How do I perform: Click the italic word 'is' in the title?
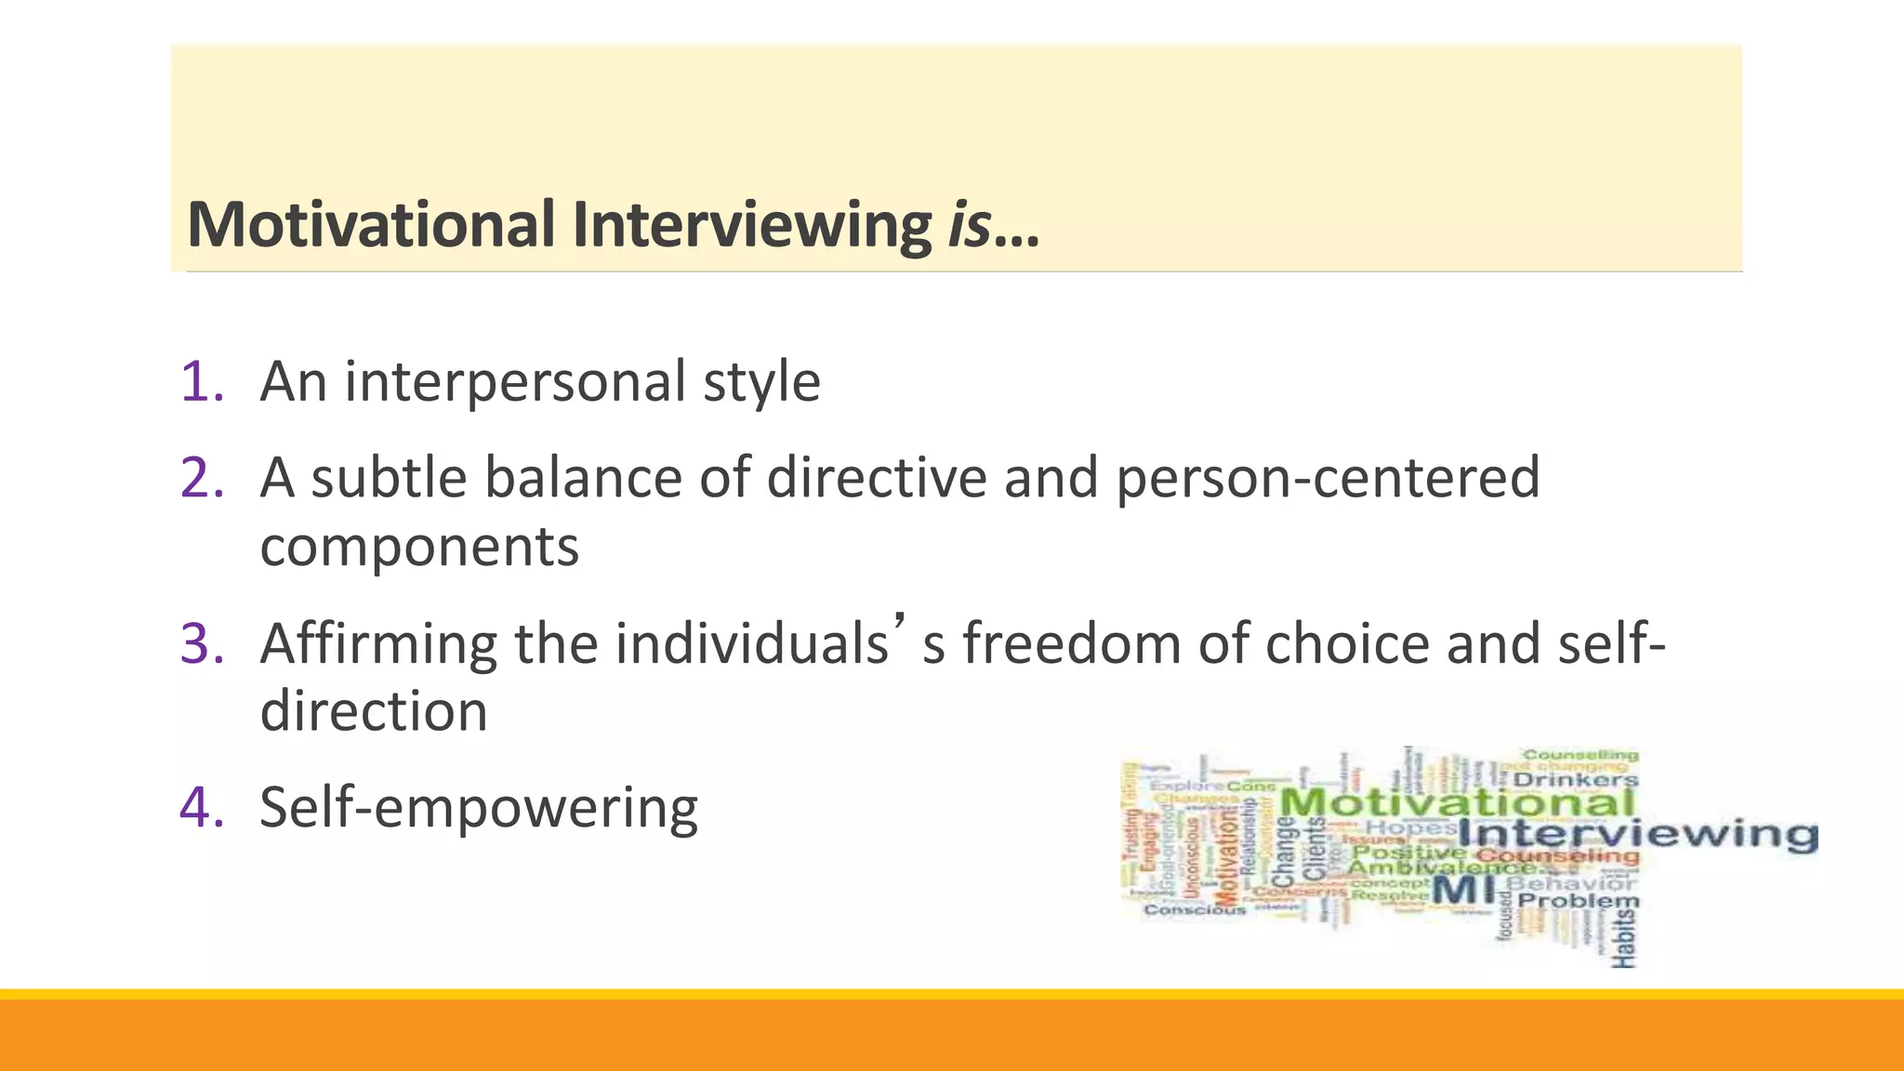969,225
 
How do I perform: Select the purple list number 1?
202,381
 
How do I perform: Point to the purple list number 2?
202,478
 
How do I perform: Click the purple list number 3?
202,643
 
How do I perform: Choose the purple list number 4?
202,807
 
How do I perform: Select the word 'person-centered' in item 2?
1328,478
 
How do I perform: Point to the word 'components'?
419,547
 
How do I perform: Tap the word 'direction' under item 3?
374,712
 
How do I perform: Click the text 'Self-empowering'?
479,807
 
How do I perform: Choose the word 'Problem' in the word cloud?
1579,901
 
